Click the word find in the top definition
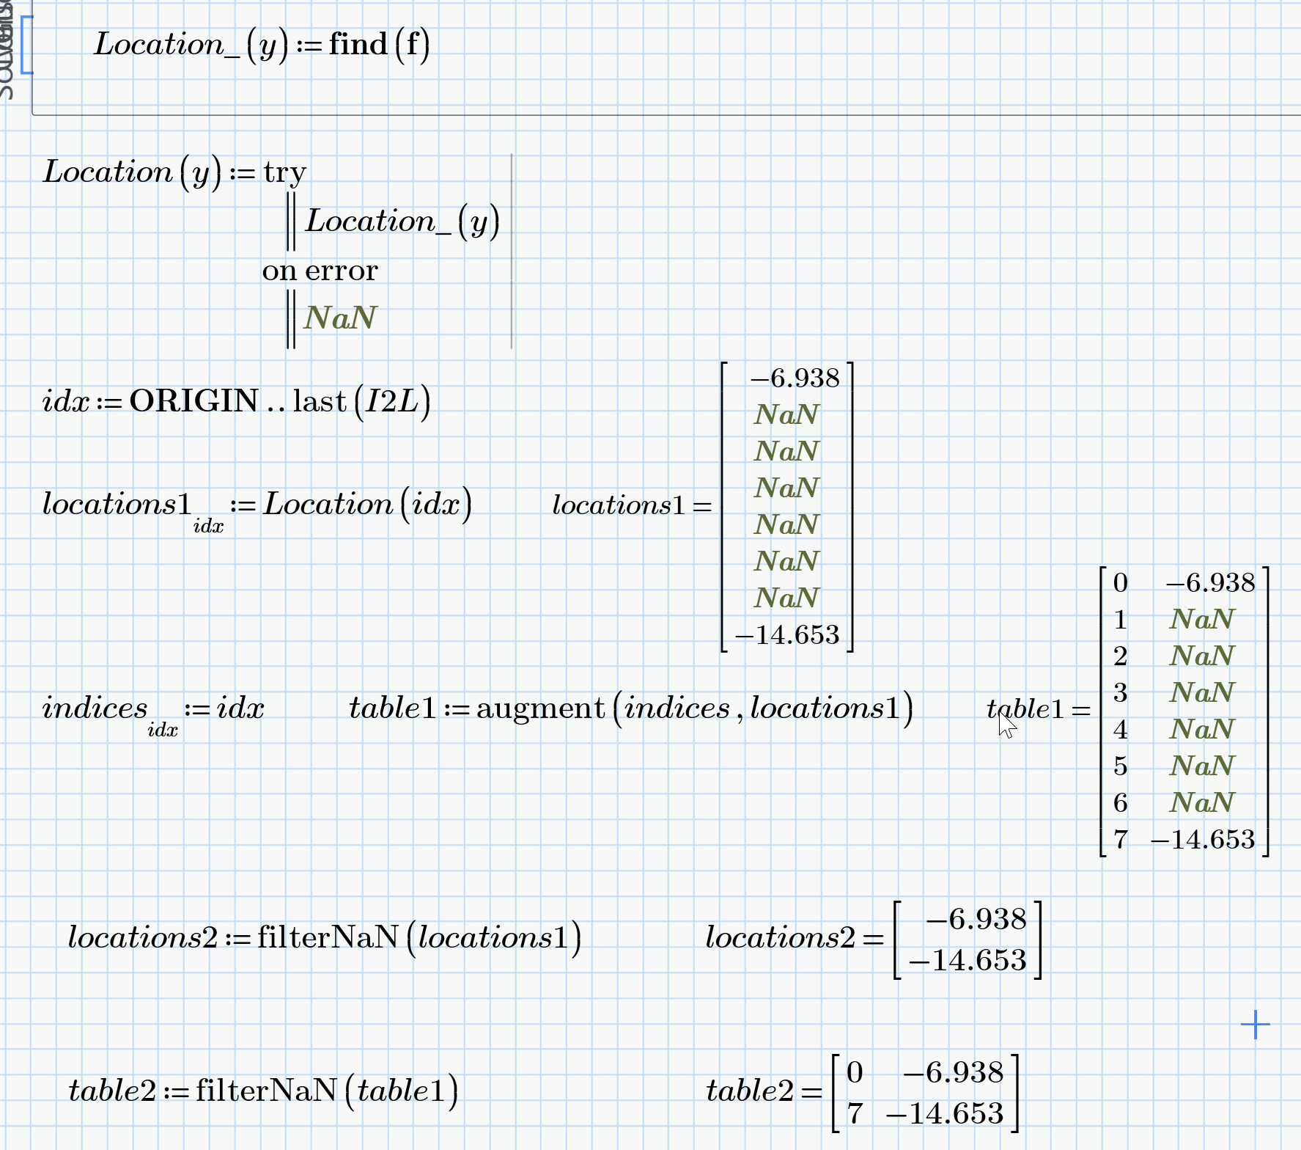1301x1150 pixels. click(x=358, y=45)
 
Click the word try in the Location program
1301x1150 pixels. click(x=284, y=173)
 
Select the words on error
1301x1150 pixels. click(x=320, y=271)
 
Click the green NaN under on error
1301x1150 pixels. click(x=340, y=318)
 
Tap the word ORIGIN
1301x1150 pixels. click(x=194, y=401)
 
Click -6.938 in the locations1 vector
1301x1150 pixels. click(x=795, y=378)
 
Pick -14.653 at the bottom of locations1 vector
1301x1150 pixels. click(x=787, y=634)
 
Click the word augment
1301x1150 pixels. click(x=540, y=708)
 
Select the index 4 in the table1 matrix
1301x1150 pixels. click(x=1120, y=730)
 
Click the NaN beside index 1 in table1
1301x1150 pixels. click(x=1202, y=620)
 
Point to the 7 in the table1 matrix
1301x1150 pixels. click(x=1120, y=839)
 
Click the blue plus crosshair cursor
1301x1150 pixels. click(x=1255, y=1025)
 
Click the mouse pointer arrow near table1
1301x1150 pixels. click(x=1007, y=725)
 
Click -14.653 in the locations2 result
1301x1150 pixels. click(x=968, y=961)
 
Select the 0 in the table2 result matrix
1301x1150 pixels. click(x=855, y=1072)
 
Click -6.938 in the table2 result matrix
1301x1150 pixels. click(x=953, y=1072)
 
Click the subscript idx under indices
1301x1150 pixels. click(x=163, y=730)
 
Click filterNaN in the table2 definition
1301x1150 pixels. click(x=265, y=1091)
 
